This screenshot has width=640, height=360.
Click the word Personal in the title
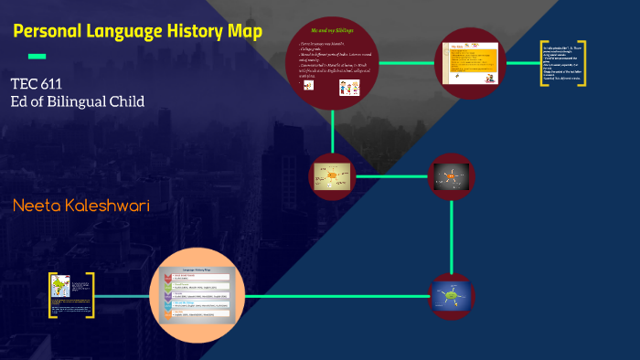coord(52,33)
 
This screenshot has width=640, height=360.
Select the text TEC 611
coord(36,84)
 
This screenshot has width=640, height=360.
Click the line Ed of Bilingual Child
coord(77,101)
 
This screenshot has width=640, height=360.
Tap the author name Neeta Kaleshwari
coord(80,206)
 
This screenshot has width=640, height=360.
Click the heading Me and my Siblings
coord(332,30)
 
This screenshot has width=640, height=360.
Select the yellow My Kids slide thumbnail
coord(469,63)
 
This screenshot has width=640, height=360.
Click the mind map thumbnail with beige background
coord(332,175)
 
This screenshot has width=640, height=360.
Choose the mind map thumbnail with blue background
coord(452,295)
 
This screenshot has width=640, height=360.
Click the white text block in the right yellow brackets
coord(562,63)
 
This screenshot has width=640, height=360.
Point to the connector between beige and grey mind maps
coord(391,175)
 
